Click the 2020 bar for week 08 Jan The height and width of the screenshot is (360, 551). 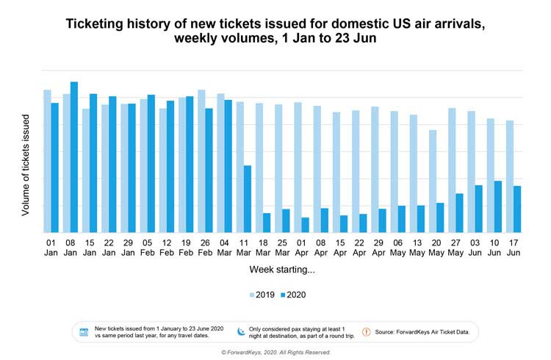pos(74,157)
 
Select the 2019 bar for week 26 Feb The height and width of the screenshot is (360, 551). pos(201,162)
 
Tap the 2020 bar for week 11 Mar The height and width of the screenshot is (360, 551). pos(248,199)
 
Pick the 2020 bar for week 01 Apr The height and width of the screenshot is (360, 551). pos(305,225)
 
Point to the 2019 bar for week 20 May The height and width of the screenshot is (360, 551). pos(433,181)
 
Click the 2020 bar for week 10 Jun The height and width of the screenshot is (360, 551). pos(498,206)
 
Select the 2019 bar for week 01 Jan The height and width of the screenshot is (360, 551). pos(47,162)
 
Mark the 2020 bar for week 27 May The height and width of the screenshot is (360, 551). pos(460,213)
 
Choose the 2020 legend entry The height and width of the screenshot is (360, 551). pos(292,295)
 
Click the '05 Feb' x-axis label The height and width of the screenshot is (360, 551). pos(147,248)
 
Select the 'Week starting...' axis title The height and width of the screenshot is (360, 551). pos(282,270)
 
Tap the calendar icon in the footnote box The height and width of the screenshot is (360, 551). pos(84,332)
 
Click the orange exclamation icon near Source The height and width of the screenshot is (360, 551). pos(365,332)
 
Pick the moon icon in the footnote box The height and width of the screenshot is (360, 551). pos(240,331)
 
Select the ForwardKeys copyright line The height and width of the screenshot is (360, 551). pos(276,353)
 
